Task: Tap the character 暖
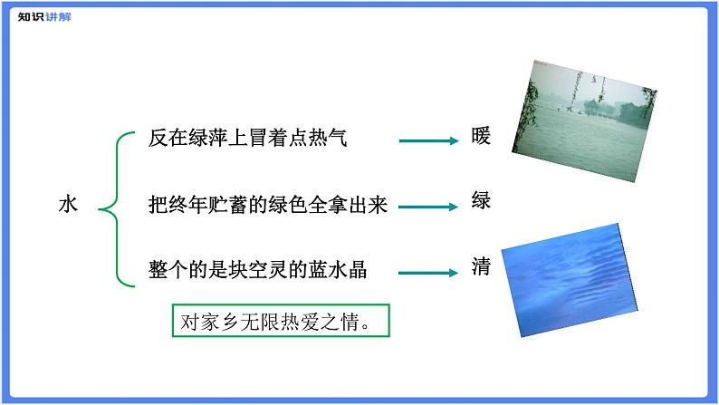(x=481, y=138)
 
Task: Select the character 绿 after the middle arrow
(x=481, y=200)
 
